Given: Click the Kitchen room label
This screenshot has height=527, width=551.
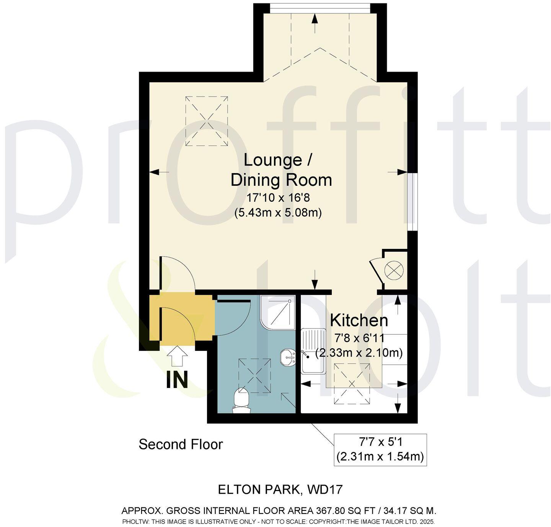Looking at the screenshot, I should coord(359,320).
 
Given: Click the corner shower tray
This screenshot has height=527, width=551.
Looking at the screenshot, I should coord(278,312).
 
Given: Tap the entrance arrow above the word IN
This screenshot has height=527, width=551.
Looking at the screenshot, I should coord(177,356).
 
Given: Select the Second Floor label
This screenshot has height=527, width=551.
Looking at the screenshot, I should coord(181,444).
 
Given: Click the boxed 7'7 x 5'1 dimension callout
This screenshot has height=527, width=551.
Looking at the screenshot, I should coord(380,450).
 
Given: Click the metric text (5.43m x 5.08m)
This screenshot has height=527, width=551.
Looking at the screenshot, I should coord(278,212).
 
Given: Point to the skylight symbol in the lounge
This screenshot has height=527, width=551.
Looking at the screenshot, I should coord(207,121).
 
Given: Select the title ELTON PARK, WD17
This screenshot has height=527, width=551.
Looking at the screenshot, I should coord(280,489).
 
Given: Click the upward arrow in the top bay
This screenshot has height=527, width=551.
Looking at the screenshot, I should coord(315,18).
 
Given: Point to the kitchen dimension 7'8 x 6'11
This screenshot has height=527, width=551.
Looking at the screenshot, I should coord(359,338).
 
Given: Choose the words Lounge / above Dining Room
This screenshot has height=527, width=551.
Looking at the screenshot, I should coord(278,160).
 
